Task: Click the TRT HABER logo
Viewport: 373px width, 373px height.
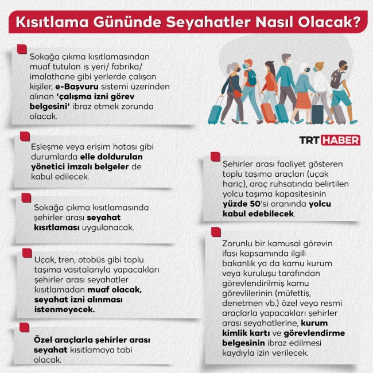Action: [x=329, y=140]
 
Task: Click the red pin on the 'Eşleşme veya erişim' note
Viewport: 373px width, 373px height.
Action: [x=24, y=137]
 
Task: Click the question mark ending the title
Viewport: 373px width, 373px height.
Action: [x=356, y=23]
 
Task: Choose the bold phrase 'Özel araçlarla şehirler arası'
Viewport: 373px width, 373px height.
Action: [x=92, y=340]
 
